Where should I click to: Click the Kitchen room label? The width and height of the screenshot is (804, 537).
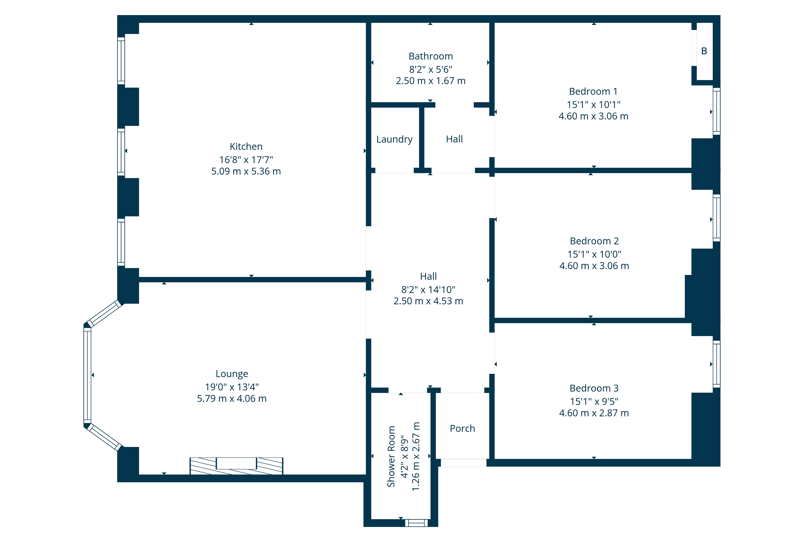[246, 147]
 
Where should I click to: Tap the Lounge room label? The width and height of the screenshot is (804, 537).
[232, 374]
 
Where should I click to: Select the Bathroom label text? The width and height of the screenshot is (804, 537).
[431, 56]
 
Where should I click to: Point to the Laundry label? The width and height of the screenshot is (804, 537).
[394, 139]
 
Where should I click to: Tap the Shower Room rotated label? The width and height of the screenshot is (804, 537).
[391, 457]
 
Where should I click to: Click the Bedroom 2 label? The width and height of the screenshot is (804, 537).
[594, 241]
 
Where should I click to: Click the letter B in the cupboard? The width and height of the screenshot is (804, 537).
[704, 51]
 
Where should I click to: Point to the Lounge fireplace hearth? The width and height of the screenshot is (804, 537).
[237, 466]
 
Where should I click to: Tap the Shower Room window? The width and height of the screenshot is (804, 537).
[416, 523]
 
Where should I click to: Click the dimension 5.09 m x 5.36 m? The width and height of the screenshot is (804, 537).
[246, 171]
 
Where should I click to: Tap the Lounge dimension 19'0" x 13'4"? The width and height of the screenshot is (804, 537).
[232, 387]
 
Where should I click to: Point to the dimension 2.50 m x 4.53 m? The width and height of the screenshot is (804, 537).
[428, 301]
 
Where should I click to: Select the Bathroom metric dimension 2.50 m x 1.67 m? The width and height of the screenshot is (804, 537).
[431, 81]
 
